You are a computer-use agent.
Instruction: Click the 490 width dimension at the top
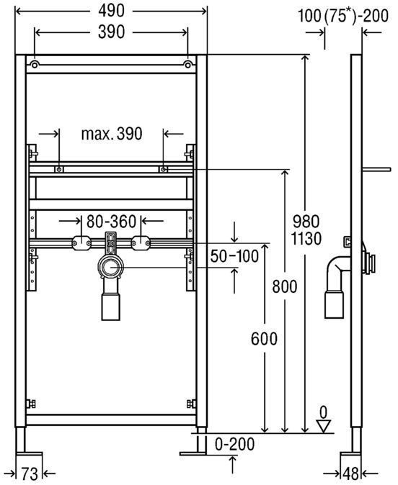(x=111, y=11)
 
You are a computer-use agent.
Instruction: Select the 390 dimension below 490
(x=111, y=32)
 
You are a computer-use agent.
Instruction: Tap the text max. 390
(x=112, y=134)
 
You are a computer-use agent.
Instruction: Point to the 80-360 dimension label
(x=111, y=222)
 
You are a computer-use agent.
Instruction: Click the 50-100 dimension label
(x=234, y=256)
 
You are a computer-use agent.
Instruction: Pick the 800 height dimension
(x=285, y=286)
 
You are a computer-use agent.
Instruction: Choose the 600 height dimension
(x=264, y=339)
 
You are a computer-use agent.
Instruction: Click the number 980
(x=306, y=222)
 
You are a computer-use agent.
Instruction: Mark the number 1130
(x=306, y=238)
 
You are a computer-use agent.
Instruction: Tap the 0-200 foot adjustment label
(x=234, y=444)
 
